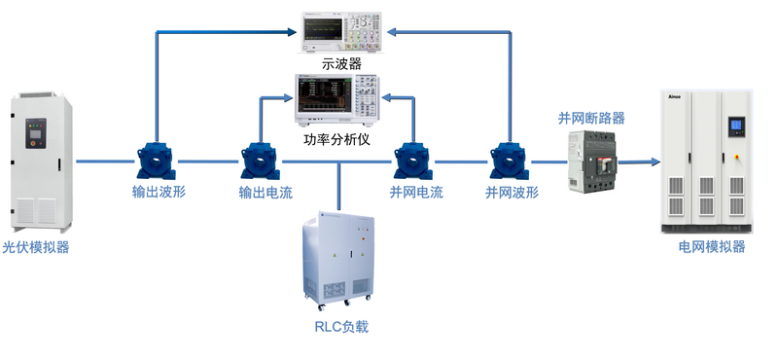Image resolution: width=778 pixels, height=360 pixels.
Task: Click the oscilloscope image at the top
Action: [x=342, y=32]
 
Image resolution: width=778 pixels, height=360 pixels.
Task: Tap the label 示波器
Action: [x=342, y=63]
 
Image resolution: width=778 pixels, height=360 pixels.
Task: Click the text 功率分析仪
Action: [x=336, y=139]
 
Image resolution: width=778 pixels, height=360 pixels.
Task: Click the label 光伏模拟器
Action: [x=36, y=247]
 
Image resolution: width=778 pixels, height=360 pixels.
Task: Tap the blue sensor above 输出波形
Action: [x=157, y=160]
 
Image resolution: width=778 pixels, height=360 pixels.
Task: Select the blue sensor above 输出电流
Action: [x=260, y=161]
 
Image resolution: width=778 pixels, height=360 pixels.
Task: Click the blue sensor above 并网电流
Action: [x=414, y=161]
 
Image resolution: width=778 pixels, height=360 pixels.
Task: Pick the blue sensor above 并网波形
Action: [x=510, y=161]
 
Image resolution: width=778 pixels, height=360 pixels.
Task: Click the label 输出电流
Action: [x=265, y=193]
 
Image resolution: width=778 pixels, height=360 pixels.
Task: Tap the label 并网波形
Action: [x=512, y=193]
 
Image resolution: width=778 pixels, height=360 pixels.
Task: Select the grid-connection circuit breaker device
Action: [x=593, y=162]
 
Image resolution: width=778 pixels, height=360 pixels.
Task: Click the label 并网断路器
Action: [x=591, y=118]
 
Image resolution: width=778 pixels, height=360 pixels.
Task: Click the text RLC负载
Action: [x=341, y=326]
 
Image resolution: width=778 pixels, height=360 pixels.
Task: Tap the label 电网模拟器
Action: [x=712, y=247]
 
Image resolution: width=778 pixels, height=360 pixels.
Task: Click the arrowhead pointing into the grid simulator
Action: [x=654, y=162]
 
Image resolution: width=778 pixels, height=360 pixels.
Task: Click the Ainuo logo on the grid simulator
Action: [x=674, y=97]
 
